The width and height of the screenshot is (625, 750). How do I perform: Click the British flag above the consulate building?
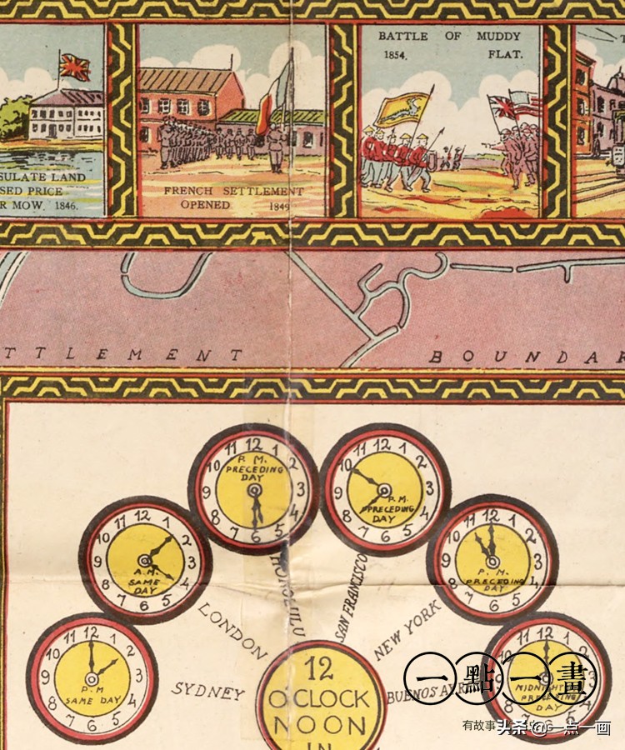74,67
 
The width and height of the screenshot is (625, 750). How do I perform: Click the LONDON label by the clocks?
232,632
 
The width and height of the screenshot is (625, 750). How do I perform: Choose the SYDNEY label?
208,692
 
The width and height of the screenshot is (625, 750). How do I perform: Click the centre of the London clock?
145,560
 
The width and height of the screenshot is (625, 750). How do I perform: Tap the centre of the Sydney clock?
92,678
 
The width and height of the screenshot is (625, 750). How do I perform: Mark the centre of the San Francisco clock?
384,489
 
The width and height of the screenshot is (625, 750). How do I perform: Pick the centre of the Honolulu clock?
253,489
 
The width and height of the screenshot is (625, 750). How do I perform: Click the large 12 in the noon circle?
319,669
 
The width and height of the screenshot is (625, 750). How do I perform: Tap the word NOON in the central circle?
319,724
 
